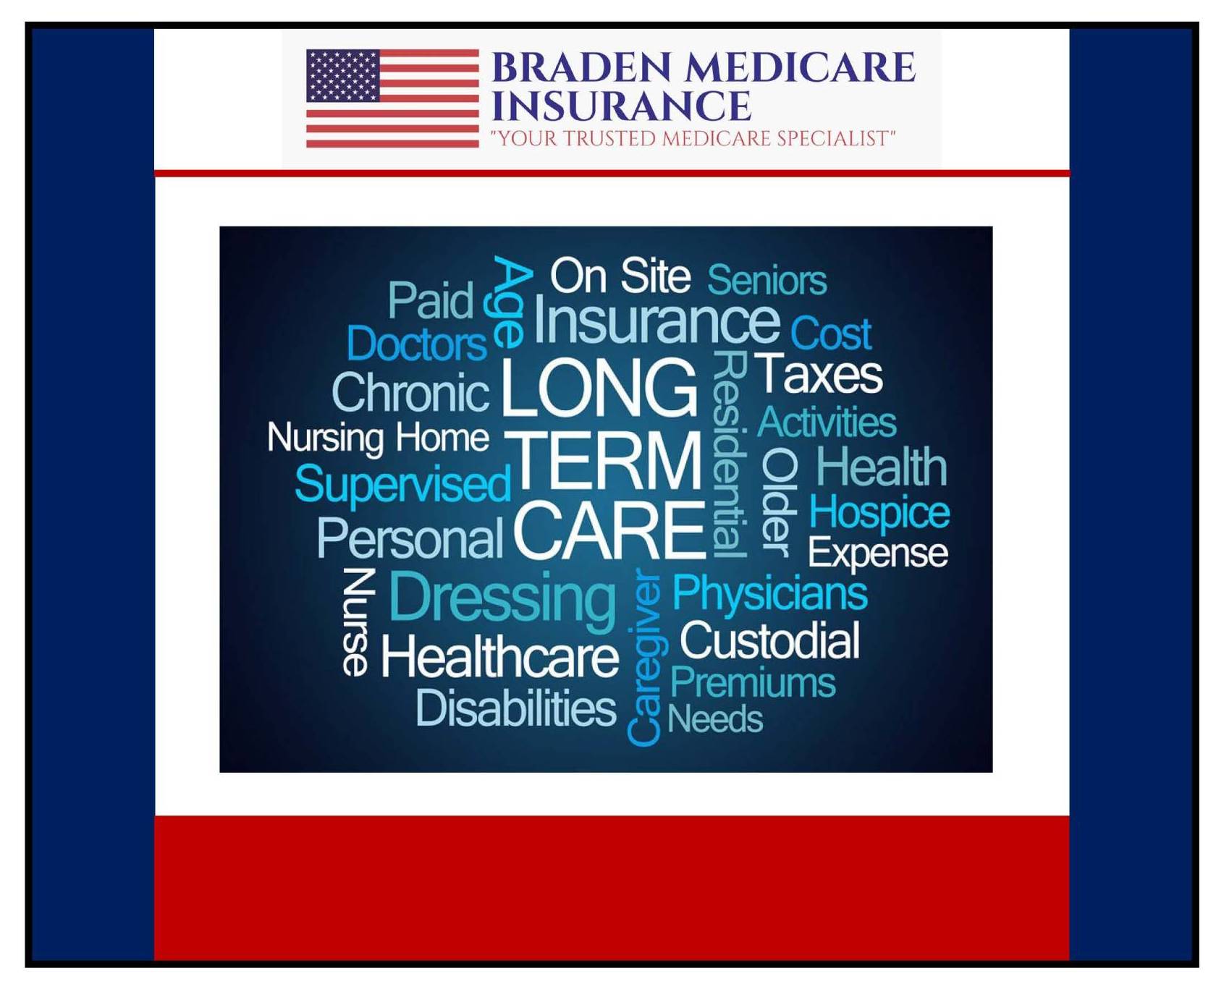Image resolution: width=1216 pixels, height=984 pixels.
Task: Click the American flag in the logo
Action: pos(392,98)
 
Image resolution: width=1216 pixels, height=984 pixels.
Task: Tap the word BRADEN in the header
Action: pos(586,68)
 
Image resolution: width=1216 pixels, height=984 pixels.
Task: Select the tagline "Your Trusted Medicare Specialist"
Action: pos(693,138)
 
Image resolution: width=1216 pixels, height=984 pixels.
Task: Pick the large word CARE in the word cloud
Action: pos(609,531)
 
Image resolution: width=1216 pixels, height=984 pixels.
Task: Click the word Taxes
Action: pos(819,374)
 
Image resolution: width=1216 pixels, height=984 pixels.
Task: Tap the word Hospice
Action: pos(879,513)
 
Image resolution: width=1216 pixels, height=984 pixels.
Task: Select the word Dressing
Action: pos(502,598)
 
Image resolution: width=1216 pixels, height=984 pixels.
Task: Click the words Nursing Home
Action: pos(378,438)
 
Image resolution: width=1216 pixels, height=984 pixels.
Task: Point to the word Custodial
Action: pos(769,641)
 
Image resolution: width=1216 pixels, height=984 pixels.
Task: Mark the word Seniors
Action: pos(767,280)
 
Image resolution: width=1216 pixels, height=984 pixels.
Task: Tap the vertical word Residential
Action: pos(729,454)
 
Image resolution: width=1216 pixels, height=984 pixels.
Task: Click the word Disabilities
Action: pos(515,708)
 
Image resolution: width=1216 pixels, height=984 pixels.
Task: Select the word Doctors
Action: pos(416,344)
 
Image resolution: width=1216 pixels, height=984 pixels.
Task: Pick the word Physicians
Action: pos(769,594)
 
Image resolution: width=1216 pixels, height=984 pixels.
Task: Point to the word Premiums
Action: pos(752,682)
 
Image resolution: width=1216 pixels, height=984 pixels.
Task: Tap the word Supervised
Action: pos(402,484)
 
